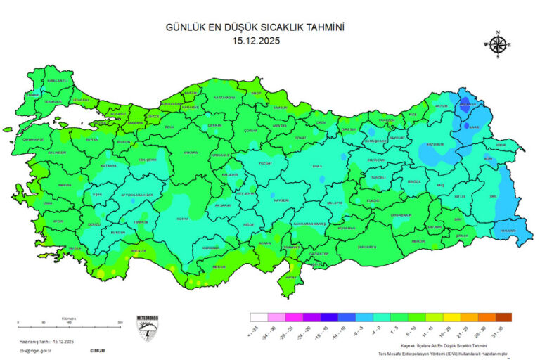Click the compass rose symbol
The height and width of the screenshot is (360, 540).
pos(498,44)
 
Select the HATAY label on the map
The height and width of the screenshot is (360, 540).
pos(290,276)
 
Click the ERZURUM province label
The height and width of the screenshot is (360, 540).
pos(435,144)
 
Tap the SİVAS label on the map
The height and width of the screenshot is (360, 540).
pos(316,166)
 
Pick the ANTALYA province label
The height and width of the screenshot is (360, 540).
pos(139,250)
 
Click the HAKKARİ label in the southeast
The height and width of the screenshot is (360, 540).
pos(508,231)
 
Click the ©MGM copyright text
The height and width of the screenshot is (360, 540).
pos(98,349)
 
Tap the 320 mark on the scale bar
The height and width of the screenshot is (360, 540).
pos(120,323)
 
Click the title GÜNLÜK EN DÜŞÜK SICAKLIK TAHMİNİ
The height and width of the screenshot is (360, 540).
pos(258,27)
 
